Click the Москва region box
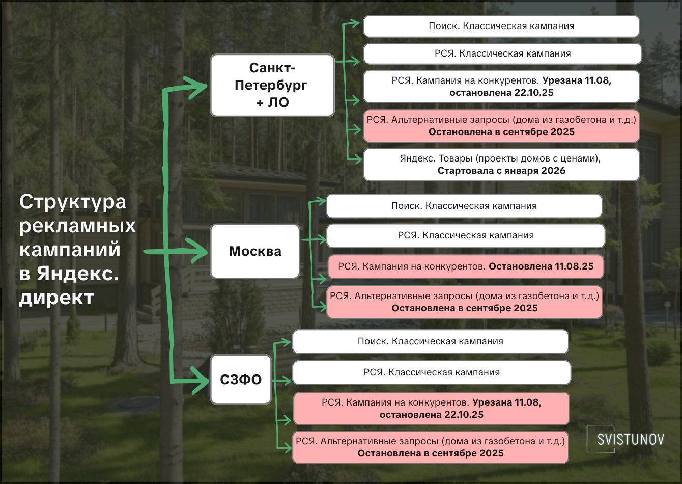coord(255,251)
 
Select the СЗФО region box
coord(241,380)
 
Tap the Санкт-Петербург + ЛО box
coord(272,86)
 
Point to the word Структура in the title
coord(73,202)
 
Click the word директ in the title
coord(56,298)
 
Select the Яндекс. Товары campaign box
coord(501,165)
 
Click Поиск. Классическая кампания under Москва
coord(464,206)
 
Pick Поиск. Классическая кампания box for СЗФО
coord(430,341)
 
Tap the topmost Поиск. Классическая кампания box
coord(501,26)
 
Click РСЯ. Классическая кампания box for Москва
coord(466,235)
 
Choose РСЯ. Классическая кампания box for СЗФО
coord(432,372)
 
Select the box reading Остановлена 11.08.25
coord(466,266)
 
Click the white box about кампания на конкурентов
coord(501,87)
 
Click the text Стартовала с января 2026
coord(501,171)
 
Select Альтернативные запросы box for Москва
coord(465,302)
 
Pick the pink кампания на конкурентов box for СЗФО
coord(431,409)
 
